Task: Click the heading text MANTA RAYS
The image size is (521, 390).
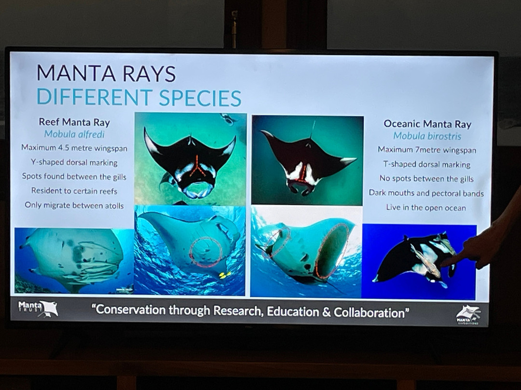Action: coord(106,73)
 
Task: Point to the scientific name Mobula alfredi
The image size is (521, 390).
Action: coord(74,134)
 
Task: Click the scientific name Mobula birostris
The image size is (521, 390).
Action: coord(427,136)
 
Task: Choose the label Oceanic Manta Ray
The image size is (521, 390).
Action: coord(427,124)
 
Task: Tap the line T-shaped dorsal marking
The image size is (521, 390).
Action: coord(426,165)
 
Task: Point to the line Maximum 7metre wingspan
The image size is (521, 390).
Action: coord(427,150)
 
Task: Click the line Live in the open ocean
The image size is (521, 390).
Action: coord(426,208)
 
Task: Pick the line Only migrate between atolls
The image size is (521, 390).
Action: coord(74,206)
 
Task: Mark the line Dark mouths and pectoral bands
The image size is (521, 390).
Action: coord(426,194)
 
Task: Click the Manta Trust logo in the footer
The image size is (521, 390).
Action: coord(38,308)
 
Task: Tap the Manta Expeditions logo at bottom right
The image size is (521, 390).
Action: coord(468,314)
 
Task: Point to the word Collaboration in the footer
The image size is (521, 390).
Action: coord(370,312)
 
